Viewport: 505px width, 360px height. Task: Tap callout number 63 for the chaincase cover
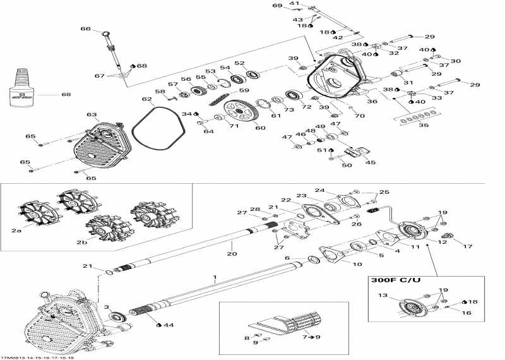(92, 116)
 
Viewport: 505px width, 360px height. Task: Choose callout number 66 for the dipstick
(86, 29)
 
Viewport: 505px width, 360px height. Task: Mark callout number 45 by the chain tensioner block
(370, 162)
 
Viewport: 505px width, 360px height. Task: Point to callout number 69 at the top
(277, 6)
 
